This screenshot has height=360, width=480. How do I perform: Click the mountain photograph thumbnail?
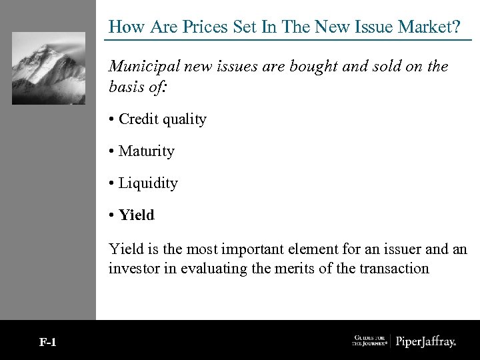point(49,68)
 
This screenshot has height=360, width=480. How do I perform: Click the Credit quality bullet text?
point(163,119)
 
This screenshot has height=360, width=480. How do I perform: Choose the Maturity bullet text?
point(146,151)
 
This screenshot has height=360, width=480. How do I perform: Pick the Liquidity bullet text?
point(148,183)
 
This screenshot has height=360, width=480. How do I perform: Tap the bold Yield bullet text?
point(136,215)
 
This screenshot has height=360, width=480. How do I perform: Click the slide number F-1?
point(48,343)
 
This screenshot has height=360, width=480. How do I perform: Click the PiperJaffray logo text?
point(426,342)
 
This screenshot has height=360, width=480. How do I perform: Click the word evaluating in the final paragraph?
point(204,269)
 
